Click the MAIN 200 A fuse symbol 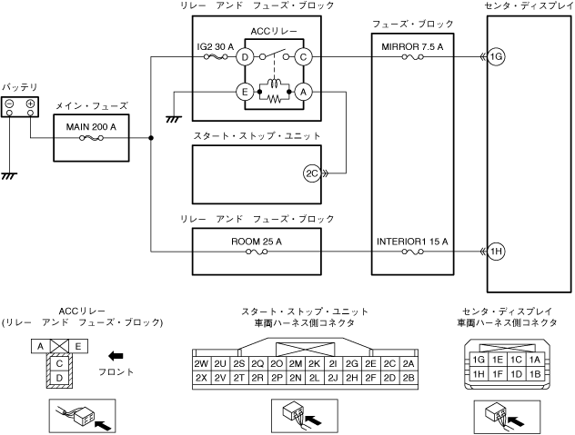92,138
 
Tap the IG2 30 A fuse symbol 216,56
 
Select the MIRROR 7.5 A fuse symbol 412,56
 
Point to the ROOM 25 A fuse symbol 257,252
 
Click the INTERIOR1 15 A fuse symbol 412,252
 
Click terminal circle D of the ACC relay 245,56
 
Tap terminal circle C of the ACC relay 303,56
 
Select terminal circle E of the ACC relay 245,92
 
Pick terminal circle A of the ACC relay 303,92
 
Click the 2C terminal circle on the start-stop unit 312,173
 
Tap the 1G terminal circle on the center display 496,56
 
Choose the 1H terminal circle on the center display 496,252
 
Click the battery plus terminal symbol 30,104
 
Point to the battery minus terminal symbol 9,104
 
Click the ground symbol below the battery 9,176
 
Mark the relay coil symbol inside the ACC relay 274,84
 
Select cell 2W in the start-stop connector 201,363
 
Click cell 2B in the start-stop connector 409,378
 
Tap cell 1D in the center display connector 517,374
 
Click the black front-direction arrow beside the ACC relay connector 116,356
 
